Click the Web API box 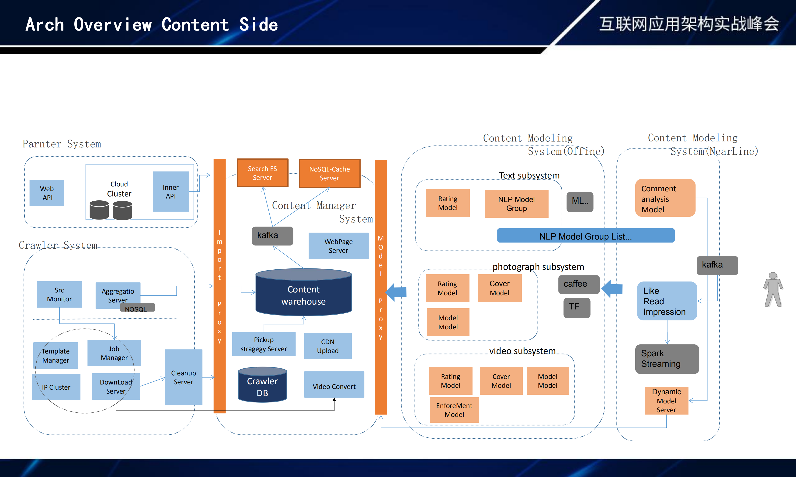click(47, 193)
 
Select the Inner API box click(170, 192)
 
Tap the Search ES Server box click(262, 173)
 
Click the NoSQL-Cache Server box click(330, 174)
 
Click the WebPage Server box click(338, 246)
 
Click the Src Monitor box click(59, 295)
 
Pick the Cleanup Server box click(184, 377)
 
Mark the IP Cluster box click(56, 387)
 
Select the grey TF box click(577, 308)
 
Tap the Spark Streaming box click(667, 359)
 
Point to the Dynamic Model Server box click(666, 401)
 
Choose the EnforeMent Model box click(454, 410)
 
